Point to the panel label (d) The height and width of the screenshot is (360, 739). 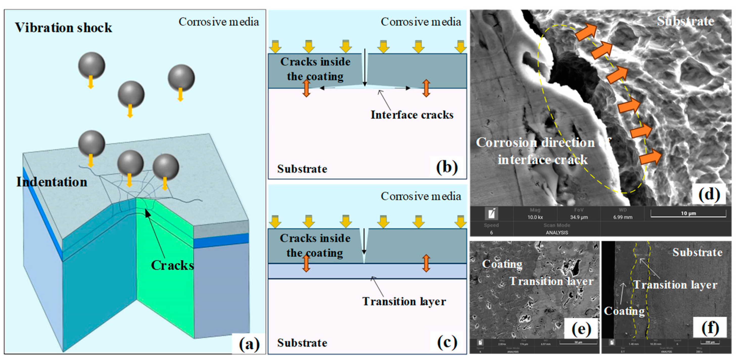click(709, 194)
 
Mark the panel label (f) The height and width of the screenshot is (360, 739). click(710, 327)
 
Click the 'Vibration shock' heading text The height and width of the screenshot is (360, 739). click(63, 28)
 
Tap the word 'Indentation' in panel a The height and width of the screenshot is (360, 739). click(52, 182)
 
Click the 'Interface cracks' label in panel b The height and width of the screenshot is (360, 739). click(412, 115)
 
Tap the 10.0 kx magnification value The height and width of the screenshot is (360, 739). click(535, 217)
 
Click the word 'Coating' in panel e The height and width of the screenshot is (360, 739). click(502, 264)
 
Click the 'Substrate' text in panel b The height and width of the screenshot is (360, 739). click(302, 169)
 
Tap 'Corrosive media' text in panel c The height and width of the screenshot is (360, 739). click(421, 196)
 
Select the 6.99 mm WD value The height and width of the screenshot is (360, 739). click(622, 217)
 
